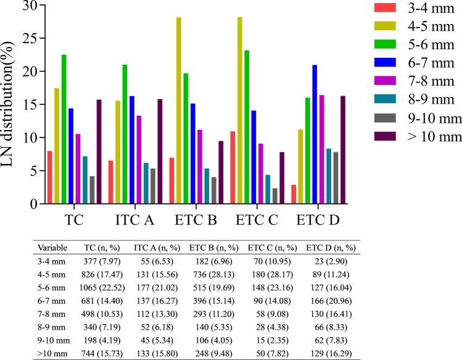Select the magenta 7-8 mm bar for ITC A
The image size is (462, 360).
(139, 160)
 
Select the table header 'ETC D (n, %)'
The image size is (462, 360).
(330, 247)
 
